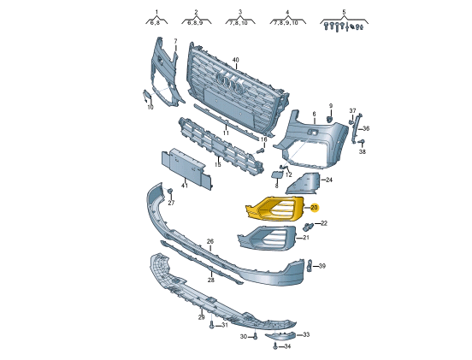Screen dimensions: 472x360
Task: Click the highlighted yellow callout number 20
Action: click(x=314, y=208)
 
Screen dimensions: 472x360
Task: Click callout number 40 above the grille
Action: click(x=236, y=60)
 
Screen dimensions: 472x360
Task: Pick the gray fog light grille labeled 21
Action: click(x=268, y=238)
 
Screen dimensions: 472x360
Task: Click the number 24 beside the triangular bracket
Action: click(x=329, y=180)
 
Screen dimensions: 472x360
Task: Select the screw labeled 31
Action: click(x=212, y=325)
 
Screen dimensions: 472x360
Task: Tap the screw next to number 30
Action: click(x=256, y=337)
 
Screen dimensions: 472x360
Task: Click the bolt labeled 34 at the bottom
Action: click(x=275, y=347)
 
